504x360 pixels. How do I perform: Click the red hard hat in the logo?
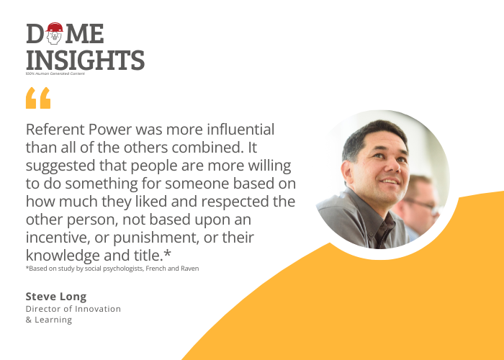[54, 27]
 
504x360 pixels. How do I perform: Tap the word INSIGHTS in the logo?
[85, 60]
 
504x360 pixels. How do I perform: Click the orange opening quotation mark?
[38, 98]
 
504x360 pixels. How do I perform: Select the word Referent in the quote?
[55, 129]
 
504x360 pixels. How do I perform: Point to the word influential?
[240, 129]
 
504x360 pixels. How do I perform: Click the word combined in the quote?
[207, 147]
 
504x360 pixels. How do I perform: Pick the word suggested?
[60, 166]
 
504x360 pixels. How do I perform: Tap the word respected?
[235, 202]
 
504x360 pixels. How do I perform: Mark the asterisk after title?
[167, 253]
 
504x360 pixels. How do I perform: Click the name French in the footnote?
[156, 269]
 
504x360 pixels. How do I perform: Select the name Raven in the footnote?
[189, 269]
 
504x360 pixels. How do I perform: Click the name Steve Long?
[56, 297]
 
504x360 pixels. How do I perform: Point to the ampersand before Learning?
[29, 320]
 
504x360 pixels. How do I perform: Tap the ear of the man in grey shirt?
[347, 171]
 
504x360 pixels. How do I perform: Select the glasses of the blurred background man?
[422, 205]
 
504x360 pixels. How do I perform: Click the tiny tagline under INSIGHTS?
[55, 73]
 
